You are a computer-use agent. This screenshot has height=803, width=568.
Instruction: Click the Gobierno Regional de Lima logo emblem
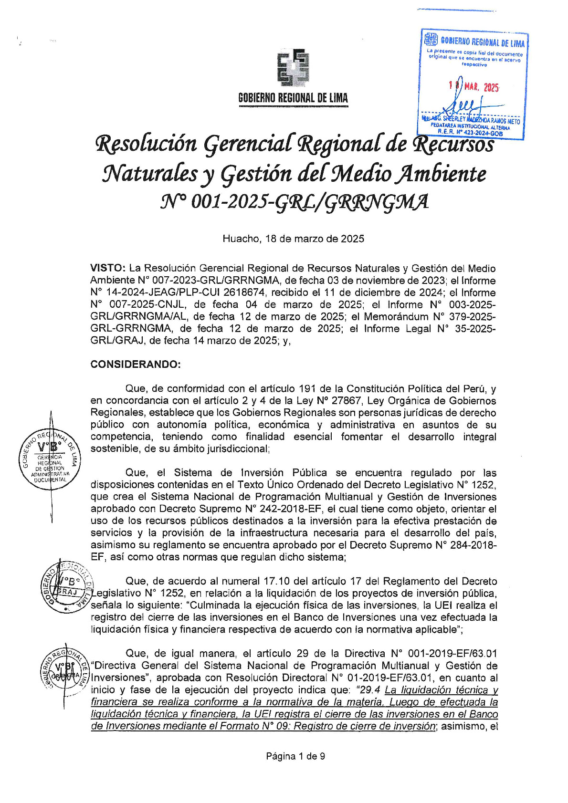click(293, 68)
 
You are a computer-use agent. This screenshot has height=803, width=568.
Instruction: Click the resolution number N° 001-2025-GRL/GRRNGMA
click(295, 202)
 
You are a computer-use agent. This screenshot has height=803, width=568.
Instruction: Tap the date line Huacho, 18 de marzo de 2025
click(293, 239)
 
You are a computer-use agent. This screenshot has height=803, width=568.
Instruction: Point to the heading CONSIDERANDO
click(136, 365)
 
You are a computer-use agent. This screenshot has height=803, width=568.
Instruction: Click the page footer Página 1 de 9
click(295, 756)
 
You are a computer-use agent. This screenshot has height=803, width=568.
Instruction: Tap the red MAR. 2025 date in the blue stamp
click(481, 87)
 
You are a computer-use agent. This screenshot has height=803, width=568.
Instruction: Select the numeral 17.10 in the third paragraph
click(276, 581)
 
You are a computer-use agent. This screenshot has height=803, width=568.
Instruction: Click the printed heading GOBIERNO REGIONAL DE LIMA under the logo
click(293, 98)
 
